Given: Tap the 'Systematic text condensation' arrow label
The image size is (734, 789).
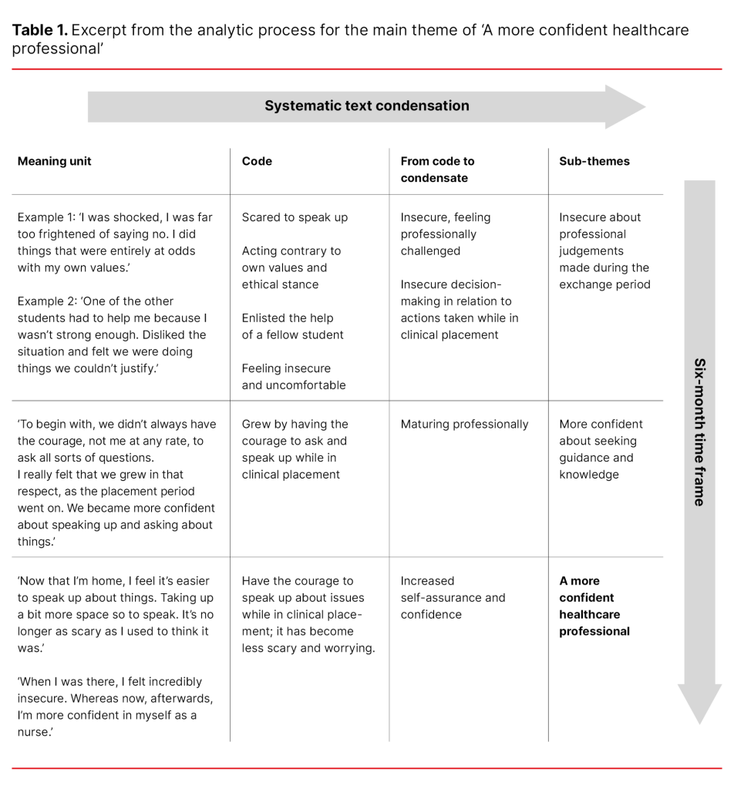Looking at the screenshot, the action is tap(366, 106).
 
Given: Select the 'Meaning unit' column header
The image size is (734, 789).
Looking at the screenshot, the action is tap(54, 161).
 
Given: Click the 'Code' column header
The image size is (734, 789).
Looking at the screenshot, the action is tap(257, 161).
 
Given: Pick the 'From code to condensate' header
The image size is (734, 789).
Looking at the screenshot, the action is tap(437, 170).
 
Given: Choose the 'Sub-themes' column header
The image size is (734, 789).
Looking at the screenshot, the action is tap(594, 161).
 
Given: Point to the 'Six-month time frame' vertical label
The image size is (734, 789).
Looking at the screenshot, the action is tap(699, 431).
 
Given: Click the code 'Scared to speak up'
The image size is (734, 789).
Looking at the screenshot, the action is tap(295, 217).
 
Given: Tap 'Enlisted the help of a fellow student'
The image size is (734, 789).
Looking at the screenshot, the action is tap(292, 326).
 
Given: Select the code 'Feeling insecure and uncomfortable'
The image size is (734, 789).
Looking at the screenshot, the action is tap(294, 377).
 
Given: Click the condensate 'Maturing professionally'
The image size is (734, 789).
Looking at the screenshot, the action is tap(464, 424).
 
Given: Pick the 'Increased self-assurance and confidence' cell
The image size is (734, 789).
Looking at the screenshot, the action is tap(453, 597).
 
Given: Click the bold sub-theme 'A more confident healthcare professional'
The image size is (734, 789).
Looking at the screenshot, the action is tap(594, 606).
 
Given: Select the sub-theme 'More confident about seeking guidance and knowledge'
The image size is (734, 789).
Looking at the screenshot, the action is tap(601, 449).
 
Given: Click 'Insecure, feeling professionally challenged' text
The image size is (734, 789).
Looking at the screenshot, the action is tap(445, 234).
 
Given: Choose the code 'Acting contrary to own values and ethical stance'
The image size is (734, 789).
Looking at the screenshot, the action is tap(291, 267).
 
